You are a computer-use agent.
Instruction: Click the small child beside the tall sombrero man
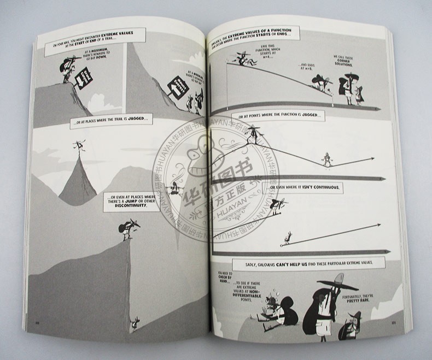[x=359, y=94]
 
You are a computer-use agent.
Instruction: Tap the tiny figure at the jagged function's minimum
[x=326, y=159]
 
